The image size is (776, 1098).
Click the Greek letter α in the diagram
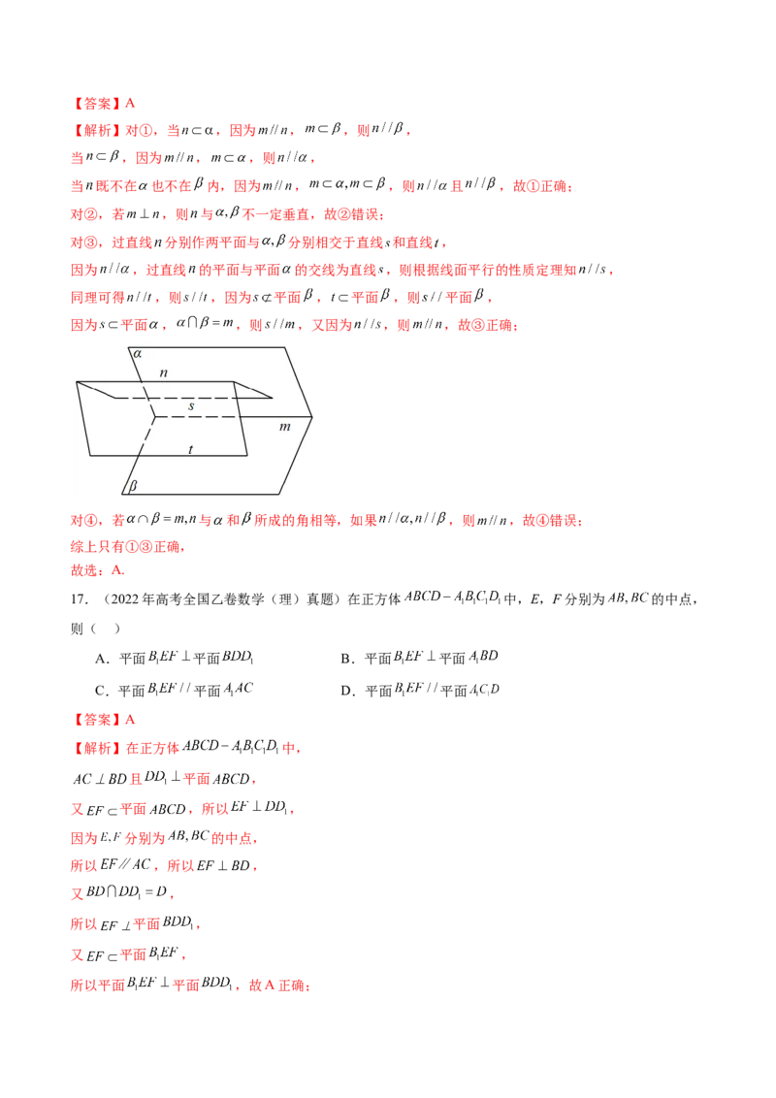click(137, 355)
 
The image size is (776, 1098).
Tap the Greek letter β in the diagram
click(133, 485)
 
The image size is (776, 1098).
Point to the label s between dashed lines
click(191, 406)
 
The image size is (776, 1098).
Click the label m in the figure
click(284, 427)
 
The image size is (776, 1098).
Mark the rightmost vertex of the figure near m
click(314, 418)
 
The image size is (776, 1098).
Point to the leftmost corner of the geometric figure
click(77, 382)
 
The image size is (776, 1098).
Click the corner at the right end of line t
click(247, 455)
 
